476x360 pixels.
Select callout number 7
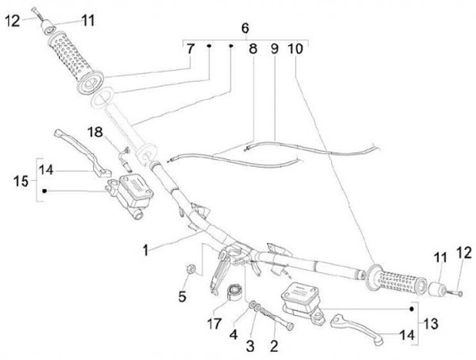190,50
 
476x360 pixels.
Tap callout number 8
252,50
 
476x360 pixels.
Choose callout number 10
296,50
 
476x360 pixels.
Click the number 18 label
96,132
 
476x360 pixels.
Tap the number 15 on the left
20,180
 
